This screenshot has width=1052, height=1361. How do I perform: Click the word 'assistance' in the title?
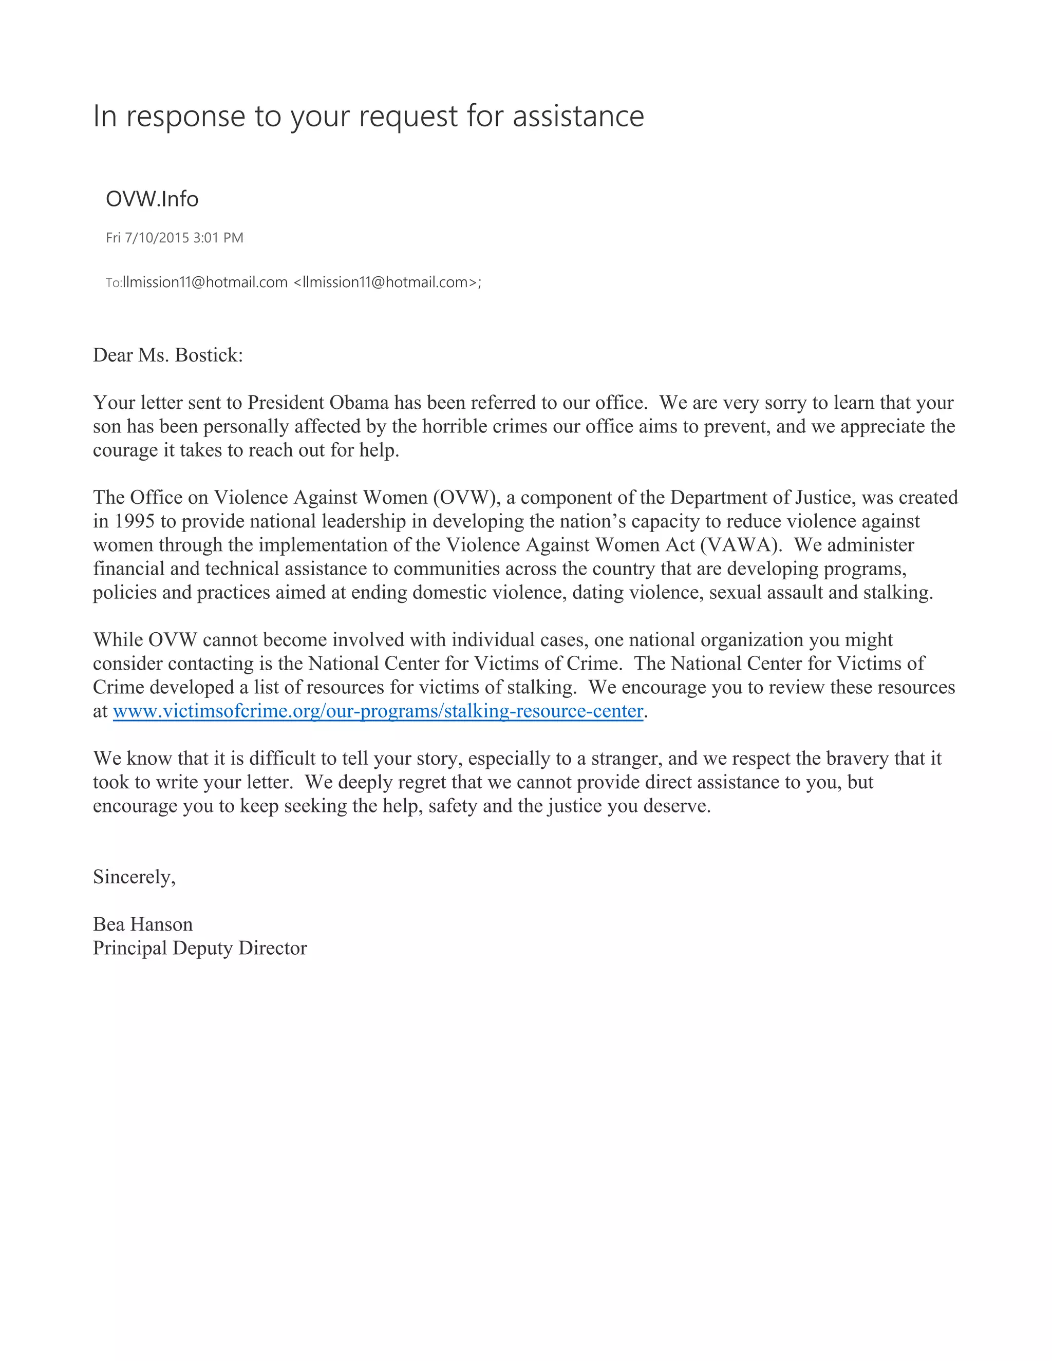578,117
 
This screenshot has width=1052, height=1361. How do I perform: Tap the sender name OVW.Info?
152,199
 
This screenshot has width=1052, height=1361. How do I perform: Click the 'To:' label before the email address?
114,283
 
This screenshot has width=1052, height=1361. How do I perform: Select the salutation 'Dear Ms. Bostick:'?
167,355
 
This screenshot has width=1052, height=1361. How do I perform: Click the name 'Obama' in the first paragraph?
359,403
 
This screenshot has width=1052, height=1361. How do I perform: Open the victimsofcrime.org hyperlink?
378,711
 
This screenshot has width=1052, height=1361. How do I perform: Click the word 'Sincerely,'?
134,877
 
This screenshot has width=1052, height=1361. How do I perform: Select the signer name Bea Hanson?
143,924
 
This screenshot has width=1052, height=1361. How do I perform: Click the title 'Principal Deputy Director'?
199,948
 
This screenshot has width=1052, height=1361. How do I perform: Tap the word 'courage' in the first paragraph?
125,450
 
